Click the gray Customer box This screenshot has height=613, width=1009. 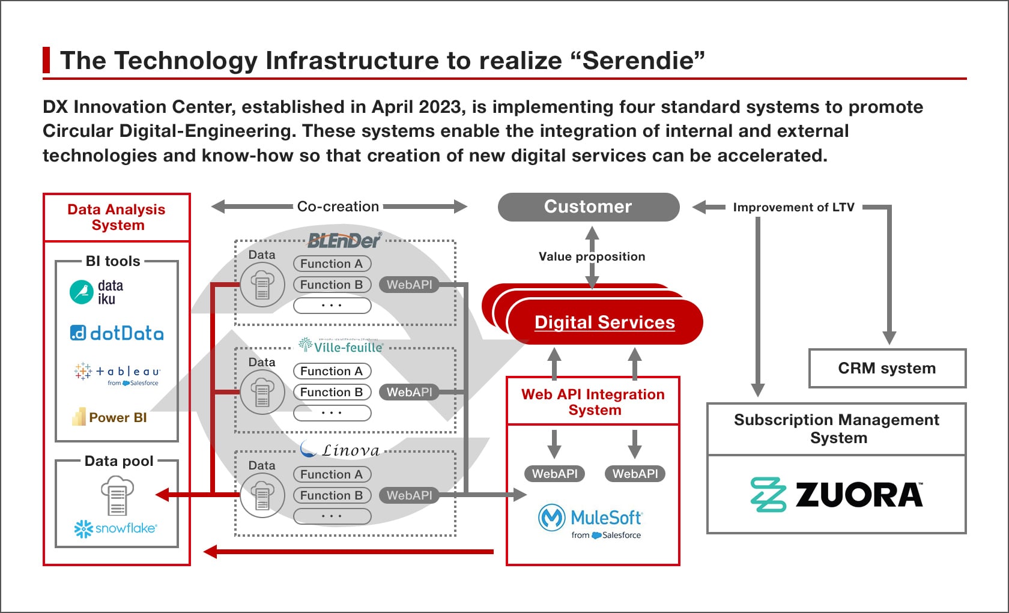click(588, 207)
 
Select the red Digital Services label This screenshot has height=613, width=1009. click(604, 322)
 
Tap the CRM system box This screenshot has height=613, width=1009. click(886, 368)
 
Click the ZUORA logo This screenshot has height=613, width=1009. click(837, 495)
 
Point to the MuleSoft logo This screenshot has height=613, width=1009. click(591, 519)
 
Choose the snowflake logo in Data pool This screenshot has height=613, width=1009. click(116, 528)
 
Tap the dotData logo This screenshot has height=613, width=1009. click(117, 333)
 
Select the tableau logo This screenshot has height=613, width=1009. click(117, 373)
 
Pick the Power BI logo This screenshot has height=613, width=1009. click(110, 417)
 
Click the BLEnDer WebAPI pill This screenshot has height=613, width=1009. click(409, 285)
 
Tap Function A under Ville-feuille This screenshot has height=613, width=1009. click(332, 371)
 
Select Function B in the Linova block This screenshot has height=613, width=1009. click(332, 495)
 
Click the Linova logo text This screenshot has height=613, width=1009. click(350, 450)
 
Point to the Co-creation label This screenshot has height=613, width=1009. click(338, 207)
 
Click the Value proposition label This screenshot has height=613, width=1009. click(592, 256)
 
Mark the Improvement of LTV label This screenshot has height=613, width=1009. click(793, 207)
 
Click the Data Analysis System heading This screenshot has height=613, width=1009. click(117, 217)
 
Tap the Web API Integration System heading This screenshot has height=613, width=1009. click(593, 402)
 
